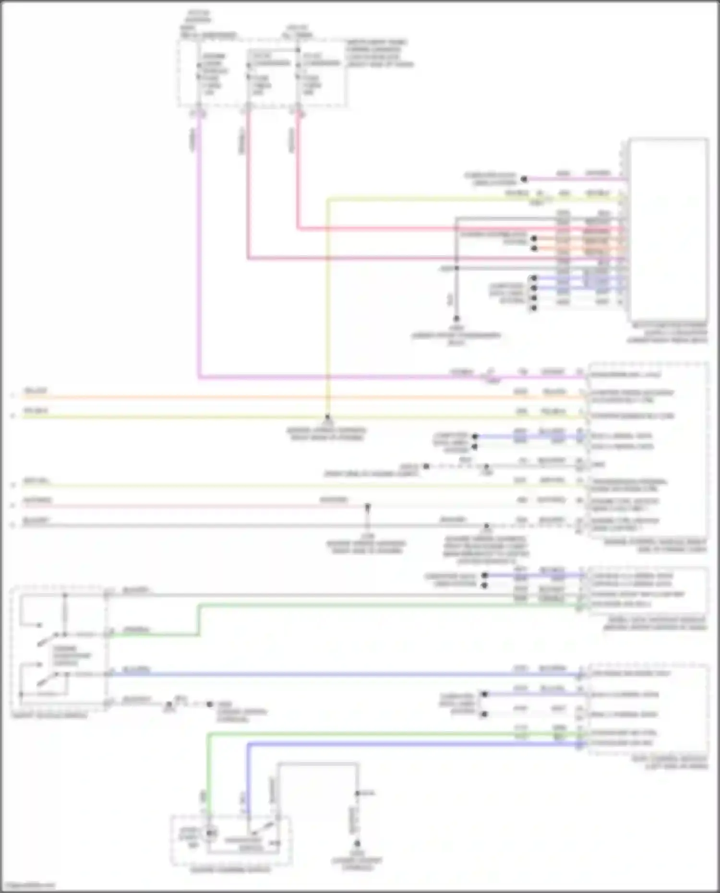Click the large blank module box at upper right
(x=668, y=228)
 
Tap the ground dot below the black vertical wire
(x=456, y=319)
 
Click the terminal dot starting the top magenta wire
(x=524, y=179)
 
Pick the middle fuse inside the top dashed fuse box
(x=248, y=77)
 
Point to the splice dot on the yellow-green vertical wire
(x=327, y=417)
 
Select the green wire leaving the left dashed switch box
(x=154, y=635)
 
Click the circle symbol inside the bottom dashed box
(x=210, y=833)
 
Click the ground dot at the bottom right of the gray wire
(x=357, y=843)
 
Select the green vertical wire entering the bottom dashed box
(x=208, y=777)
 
